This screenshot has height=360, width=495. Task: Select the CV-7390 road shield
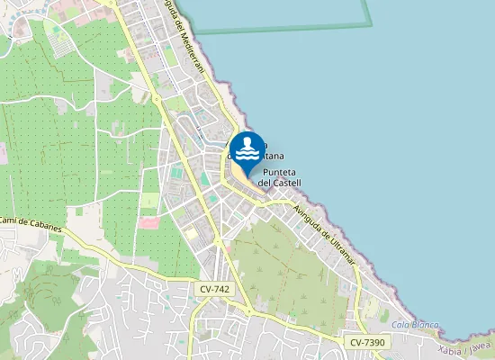point(368,342)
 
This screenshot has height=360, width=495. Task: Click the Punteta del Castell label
point(279,177)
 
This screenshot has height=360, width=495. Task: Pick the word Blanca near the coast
point(423,324)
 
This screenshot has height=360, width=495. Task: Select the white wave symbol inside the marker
point(247,147)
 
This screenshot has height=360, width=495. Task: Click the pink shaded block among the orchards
point(149,221)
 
